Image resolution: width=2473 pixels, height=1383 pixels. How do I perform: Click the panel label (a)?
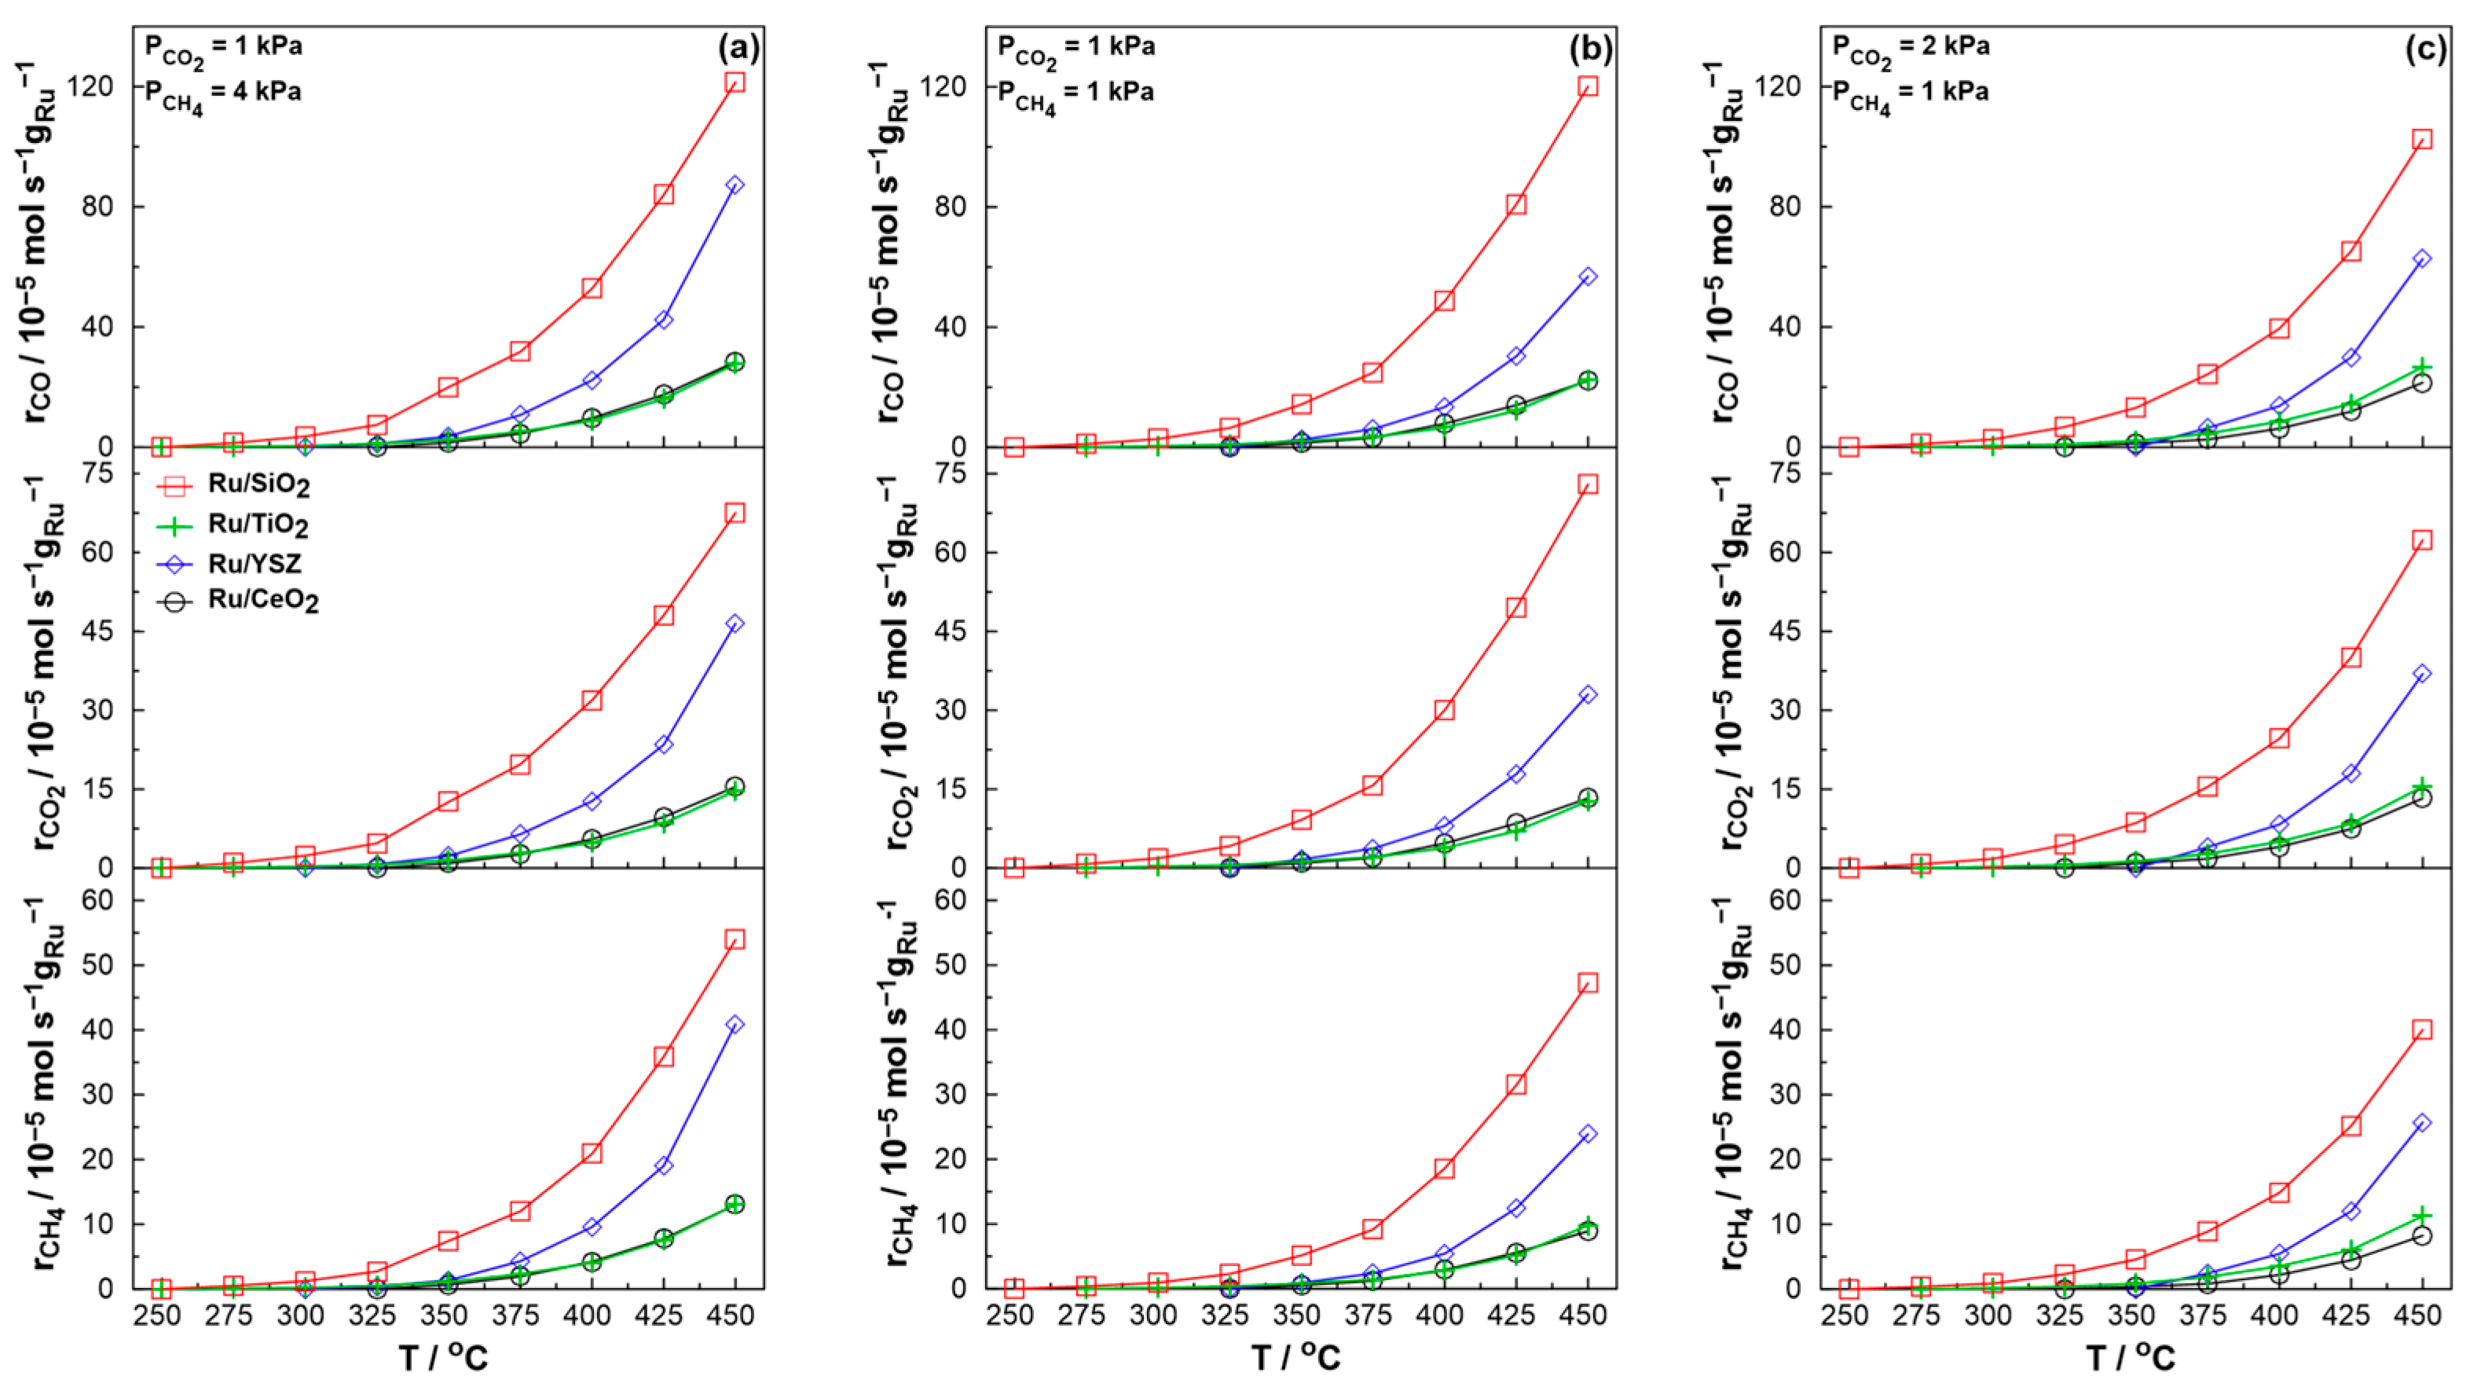[x=738, y=48]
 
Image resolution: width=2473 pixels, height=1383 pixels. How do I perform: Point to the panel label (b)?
[x=1591, y=48]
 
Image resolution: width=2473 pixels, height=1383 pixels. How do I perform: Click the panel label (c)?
[x=2425, y=48]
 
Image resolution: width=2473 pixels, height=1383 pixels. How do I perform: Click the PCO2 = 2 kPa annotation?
[x=1911, y=48]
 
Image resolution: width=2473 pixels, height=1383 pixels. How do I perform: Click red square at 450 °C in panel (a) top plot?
[x=735, y=82]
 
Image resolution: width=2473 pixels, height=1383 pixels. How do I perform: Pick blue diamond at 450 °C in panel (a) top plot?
[x=735, y=185]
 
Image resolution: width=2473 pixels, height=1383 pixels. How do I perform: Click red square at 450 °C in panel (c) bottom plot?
[x=2422, y=1030]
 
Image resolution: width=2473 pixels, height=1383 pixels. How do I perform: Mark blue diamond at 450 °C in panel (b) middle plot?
[x=1588, y=694]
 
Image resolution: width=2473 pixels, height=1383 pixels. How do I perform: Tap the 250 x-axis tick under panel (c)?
[x=1845, y=1314]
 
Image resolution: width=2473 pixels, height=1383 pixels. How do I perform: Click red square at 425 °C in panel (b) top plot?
[x=1516, y=204]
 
